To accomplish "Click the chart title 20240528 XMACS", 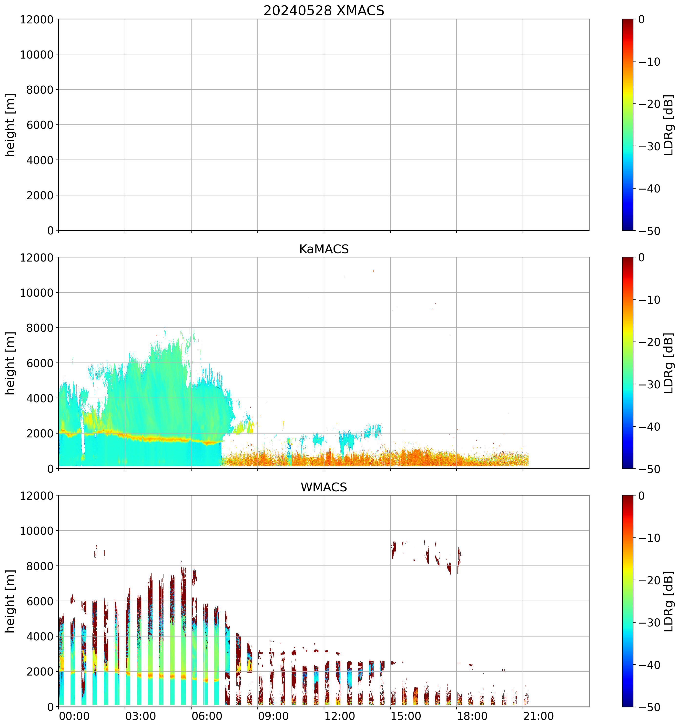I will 324,10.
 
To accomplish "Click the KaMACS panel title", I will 324,249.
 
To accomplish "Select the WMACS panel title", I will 324,487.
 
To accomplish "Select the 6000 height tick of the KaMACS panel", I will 40,363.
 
